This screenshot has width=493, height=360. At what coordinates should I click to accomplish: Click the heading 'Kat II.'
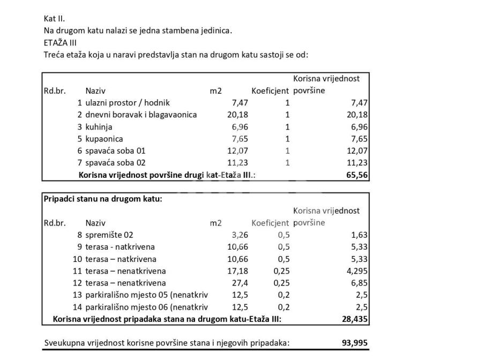pyautogui.click(x=54, y=18)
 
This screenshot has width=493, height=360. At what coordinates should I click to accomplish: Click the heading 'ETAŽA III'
pyautogui.click(x=60, y=42)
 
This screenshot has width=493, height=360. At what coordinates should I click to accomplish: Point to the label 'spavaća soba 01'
pyautogui.click(x=115, y=151)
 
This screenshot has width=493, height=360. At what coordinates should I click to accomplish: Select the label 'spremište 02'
pyautogui.click(x=109, y=235)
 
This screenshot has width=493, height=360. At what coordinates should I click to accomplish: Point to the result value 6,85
pyautogui.click(x=360, y=283)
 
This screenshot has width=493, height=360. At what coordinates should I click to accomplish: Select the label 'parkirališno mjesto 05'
pyautogui.click(x=146, y=295)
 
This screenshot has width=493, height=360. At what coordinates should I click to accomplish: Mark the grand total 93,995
pyautogui.click(x=355, y=343)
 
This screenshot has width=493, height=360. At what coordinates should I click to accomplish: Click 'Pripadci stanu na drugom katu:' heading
pyautogui.click(x=103, y=199)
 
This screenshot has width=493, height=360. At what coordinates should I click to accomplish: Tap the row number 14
pyautogui.click(x=77, y=307)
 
